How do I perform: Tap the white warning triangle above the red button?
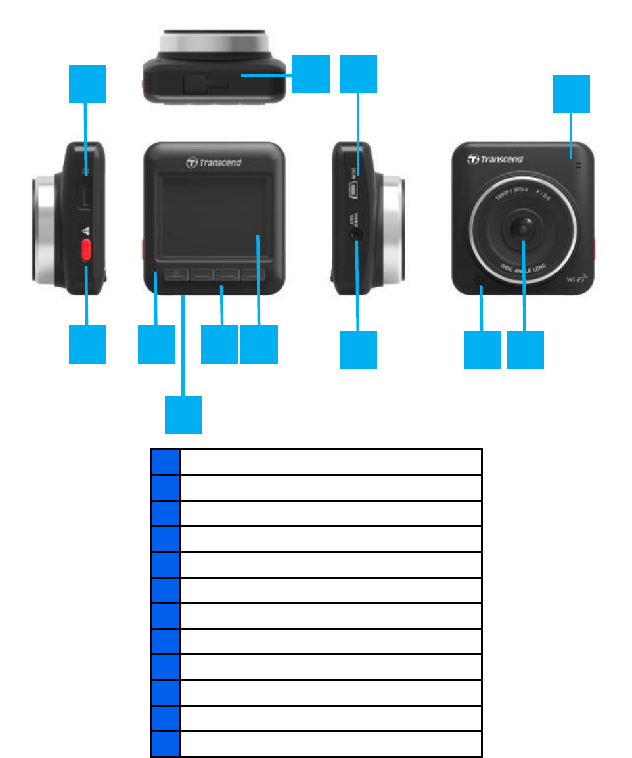pyautogui.click(x=85, y=231)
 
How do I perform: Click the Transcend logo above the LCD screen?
pyautogui.click(x=214, y=162)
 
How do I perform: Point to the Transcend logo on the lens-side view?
pyautogui.click(x=495, y=159)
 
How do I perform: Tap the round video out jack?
pyautogui.click(x=357, y=233)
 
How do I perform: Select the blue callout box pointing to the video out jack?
pyautogui.click(x=358, y=350)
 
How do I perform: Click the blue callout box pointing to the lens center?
pyautogui.click(x=525, y=350)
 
